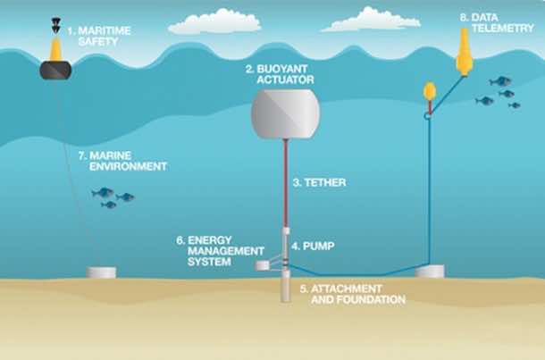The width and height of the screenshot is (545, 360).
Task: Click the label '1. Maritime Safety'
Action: point(99,36)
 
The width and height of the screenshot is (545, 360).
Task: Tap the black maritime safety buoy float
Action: point(55,70)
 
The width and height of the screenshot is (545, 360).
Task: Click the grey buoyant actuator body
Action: point(285,114)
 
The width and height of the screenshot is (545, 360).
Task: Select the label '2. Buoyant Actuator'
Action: point(280,74)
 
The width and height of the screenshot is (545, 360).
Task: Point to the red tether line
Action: point(285,183)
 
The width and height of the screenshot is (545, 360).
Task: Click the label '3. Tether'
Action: point(320,182)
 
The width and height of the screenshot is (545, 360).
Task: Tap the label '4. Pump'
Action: point(313,246)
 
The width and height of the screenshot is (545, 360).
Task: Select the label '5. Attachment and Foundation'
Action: point(353,294)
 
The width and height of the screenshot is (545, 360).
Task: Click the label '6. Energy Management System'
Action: point(220,251)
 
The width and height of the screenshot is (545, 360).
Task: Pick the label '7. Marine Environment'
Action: point(122,161)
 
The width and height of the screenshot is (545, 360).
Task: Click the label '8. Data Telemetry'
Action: point(497,23)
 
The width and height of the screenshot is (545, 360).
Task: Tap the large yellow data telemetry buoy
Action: point(465,52)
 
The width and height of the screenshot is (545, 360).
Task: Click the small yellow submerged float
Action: point(430,91)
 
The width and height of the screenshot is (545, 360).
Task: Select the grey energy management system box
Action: point(262,266)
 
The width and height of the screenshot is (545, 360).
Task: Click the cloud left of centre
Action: point(214,22)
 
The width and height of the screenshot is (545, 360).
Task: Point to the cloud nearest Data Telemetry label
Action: point(371,20)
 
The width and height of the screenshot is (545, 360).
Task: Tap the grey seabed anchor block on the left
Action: point(101,272)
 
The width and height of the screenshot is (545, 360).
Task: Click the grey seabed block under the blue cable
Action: point(430,271)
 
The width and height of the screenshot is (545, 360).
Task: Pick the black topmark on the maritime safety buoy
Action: point(55,25)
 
